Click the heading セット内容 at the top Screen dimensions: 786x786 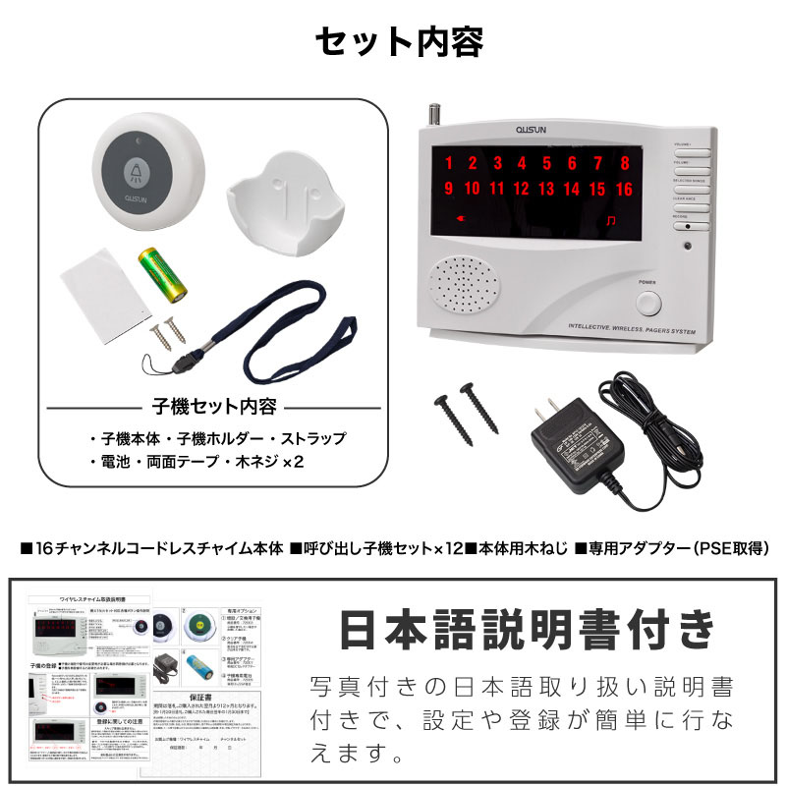coord(398,42)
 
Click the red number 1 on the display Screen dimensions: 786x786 coord(448,164)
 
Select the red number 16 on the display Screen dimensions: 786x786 coord(624,190)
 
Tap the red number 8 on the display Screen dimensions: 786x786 coord(625,164)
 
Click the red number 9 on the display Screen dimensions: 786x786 coord(448,190)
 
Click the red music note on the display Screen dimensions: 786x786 coord(612,219)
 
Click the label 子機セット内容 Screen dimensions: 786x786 coord(214,406)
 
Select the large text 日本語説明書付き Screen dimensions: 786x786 coord(527,631)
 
